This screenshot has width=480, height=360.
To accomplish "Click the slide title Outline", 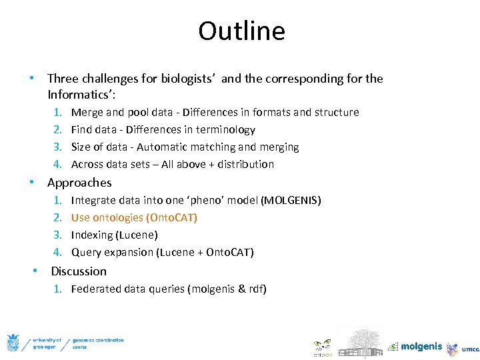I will tap(241, 31).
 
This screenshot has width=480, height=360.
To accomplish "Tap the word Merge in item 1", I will tap(87, 113).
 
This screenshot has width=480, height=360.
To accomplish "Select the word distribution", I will tap(245, 165).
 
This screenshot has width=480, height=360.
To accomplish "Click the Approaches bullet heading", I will tap(79, 183).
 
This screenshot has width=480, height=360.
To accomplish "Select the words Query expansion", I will tap(112, 253).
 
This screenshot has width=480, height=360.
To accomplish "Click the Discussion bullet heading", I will tap(79, 271).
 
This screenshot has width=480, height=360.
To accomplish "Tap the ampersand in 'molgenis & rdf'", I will tap(241, 289).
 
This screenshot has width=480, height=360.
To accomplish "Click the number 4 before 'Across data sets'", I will tap(57, 165).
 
